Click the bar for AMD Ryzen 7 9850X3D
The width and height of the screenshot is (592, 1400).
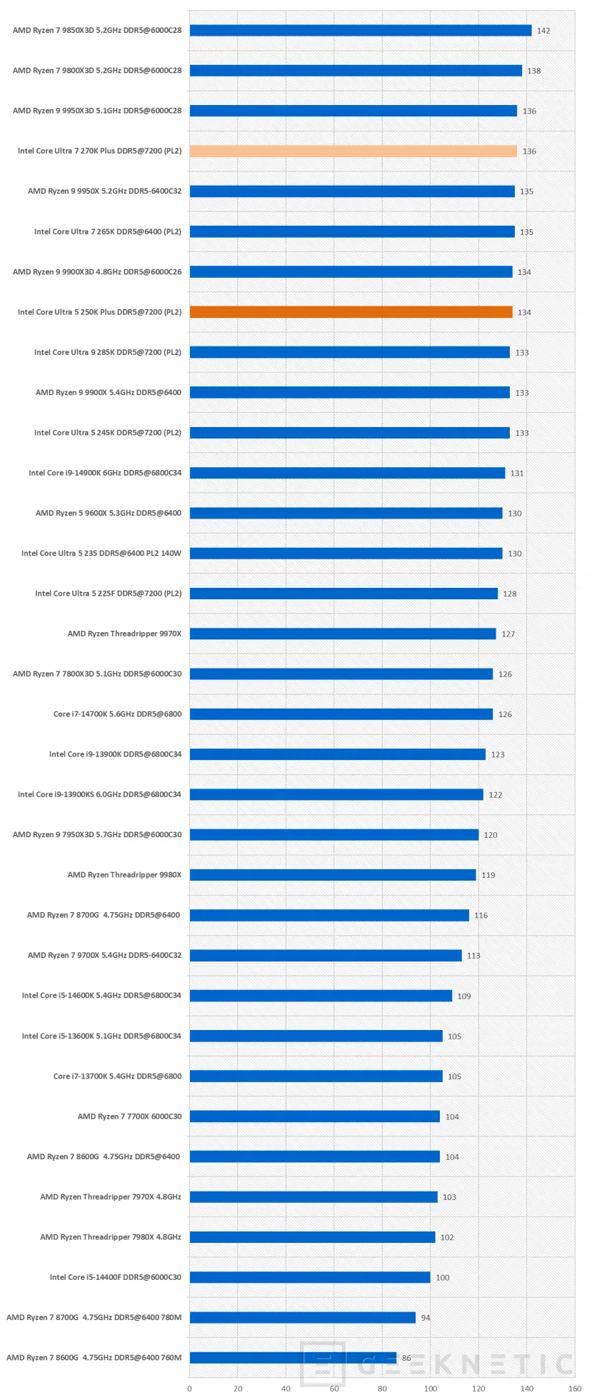click(x=361, y=30)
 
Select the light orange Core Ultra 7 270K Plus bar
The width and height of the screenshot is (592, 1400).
click(x=353, y=151)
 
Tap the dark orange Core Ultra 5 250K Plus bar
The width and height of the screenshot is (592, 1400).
click(x=351, y=312)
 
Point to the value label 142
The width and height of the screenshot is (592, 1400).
click(x=543, y=31)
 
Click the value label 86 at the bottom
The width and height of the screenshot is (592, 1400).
click(x=406, y=1358)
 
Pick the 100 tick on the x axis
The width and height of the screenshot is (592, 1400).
click(x=431, y=1389)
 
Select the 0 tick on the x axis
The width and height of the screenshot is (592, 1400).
click(x=189, y=1389)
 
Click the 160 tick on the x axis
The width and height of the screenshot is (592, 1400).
click(x=575, y=1389)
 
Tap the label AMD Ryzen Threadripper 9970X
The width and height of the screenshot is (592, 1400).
click(x=124, y=634)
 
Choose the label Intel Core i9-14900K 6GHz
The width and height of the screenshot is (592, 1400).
click(x=105, y=473)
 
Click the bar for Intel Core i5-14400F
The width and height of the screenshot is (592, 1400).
click(x=310, y=1277)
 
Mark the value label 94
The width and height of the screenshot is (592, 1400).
click(x=426, y=1318)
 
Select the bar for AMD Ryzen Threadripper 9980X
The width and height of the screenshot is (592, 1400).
click(x=333, y=875)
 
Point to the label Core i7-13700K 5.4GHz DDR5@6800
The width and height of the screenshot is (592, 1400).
click(x=117, y=1076)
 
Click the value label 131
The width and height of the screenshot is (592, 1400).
click(x=517, y=474)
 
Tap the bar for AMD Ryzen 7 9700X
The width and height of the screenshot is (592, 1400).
click(x=326, y=955)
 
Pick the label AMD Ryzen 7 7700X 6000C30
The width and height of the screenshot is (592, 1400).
click(x=129, y=1116)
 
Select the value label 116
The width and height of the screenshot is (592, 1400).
click(x=481, y=916)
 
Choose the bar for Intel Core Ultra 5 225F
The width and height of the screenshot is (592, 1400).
click(x=343, y=594)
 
